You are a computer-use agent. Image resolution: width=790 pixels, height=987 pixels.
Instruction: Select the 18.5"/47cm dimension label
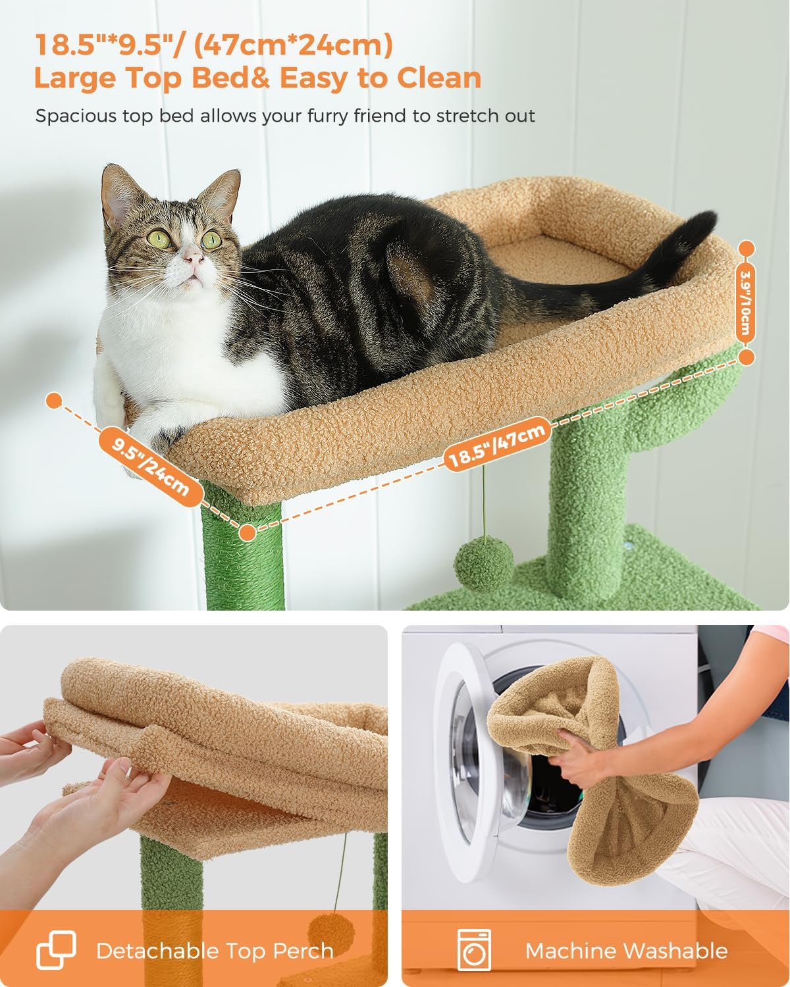pyautogui.click(x=496, y=445)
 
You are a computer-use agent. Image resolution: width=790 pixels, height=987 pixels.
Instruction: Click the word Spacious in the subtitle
pyautogui.click(x=75, y=116)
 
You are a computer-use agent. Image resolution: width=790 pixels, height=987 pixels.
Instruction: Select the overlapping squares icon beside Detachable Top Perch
pyautogui.click(x=56, y=949)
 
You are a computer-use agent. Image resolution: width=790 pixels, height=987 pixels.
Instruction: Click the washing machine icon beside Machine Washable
pyautogui.click(x=474, y=949)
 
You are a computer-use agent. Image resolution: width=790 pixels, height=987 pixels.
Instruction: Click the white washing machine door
pyautogui.click(x=467, y=757)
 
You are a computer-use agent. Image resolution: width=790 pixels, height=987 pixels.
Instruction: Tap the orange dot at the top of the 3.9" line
pyautogui.click(x=747, y=249)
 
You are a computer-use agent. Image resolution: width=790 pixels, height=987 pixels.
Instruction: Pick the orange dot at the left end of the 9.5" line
pyautogui.click(x=54, y=399)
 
